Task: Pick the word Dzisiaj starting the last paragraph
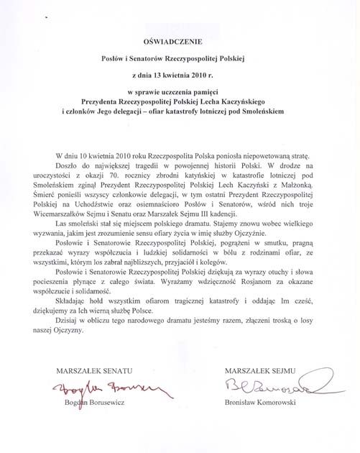pyautogui.click(x=69, y=327)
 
